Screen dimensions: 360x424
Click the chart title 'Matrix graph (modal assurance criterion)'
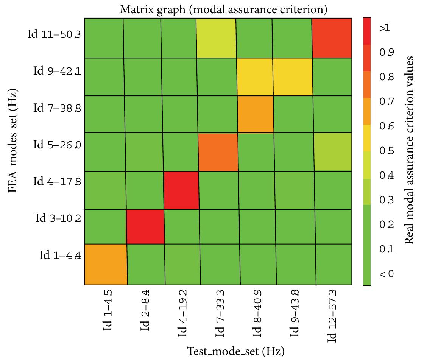pos(223,9)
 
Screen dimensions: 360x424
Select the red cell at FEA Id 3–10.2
pos(145,226)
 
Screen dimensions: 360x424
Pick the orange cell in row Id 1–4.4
pos(105,264)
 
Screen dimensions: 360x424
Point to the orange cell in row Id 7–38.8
pos(255,114)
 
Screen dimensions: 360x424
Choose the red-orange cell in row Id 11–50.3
pos(332,37)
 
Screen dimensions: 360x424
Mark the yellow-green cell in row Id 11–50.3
pos(216,37)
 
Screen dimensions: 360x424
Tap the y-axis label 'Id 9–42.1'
pos(57,71)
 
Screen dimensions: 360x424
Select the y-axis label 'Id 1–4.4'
pos(60,255)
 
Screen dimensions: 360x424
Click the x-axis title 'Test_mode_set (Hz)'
pos(235,351)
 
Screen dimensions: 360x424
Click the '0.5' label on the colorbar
pos(386,151)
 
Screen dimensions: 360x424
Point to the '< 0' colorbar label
pos(386,274)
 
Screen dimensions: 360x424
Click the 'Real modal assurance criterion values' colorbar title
pos(408,150)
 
